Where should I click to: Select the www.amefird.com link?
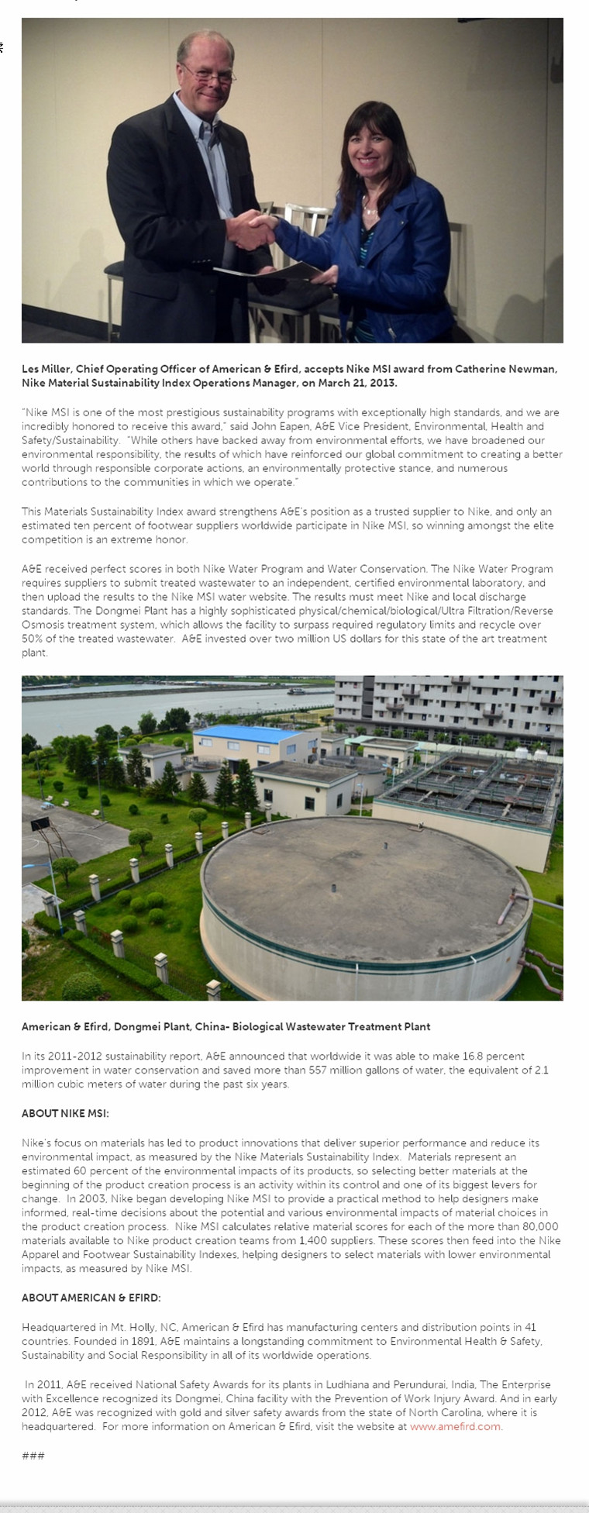pyautogui.click(x=455, y=1426)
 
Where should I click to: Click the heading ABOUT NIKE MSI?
pyautogui.click(x=65, y=1113)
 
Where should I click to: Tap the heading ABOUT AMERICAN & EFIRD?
pyautogui.click(x=91, y=1298)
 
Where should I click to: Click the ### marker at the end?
pyautogui.click(x=33, y=1456)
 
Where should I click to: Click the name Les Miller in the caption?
pyautogui.click(x=46, y=369)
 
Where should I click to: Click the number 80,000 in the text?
pyautogui.click(x=540, y=1226)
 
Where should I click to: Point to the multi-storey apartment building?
pyautogui.click(x=449, y=705)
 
